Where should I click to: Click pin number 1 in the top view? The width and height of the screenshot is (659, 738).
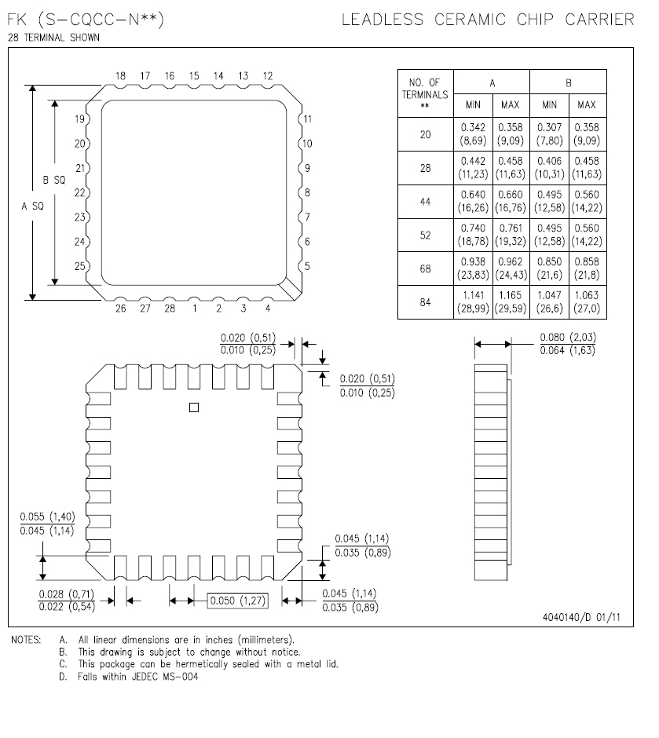click(194, 309)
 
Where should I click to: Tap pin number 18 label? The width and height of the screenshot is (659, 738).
click(121, 76)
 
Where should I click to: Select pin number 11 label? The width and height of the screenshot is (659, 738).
click(308, 119)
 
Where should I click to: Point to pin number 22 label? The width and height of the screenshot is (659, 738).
click(79, 192)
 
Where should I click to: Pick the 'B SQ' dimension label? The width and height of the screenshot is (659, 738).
click(54, 180)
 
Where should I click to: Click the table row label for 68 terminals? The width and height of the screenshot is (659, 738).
click(425, 269)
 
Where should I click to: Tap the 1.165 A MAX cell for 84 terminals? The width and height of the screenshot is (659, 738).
click(511, 302)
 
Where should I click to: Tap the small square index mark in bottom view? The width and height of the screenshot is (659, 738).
click(194, 407)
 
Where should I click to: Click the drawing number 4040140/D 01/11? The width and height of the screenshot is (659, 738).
click(580, 616)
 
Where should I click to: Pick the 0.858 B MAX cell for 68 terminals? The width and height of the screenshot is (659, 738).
click(586, 269)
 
